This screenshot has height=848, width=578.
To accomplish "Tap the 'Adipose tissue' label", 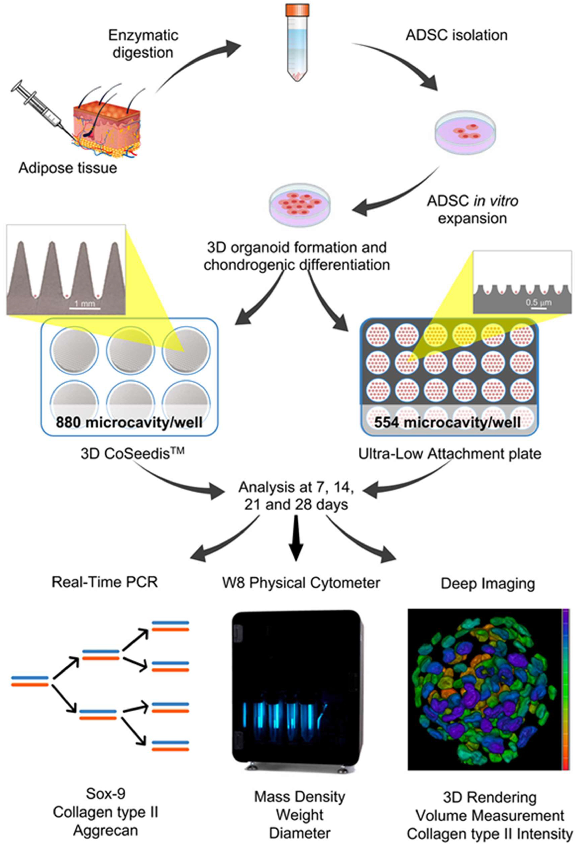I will coord(68,168).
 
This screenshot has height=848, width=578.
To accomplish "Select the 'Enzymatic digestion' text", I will coord(143,44).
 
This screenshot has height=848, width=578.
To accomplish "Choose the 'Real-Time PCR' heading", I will coord(105,582).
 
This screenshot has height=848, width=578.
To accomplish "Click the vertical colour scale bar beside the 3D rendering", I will coord(566,690).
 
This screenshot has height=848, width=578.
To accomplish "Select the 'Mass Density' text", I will coord(299,797).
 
